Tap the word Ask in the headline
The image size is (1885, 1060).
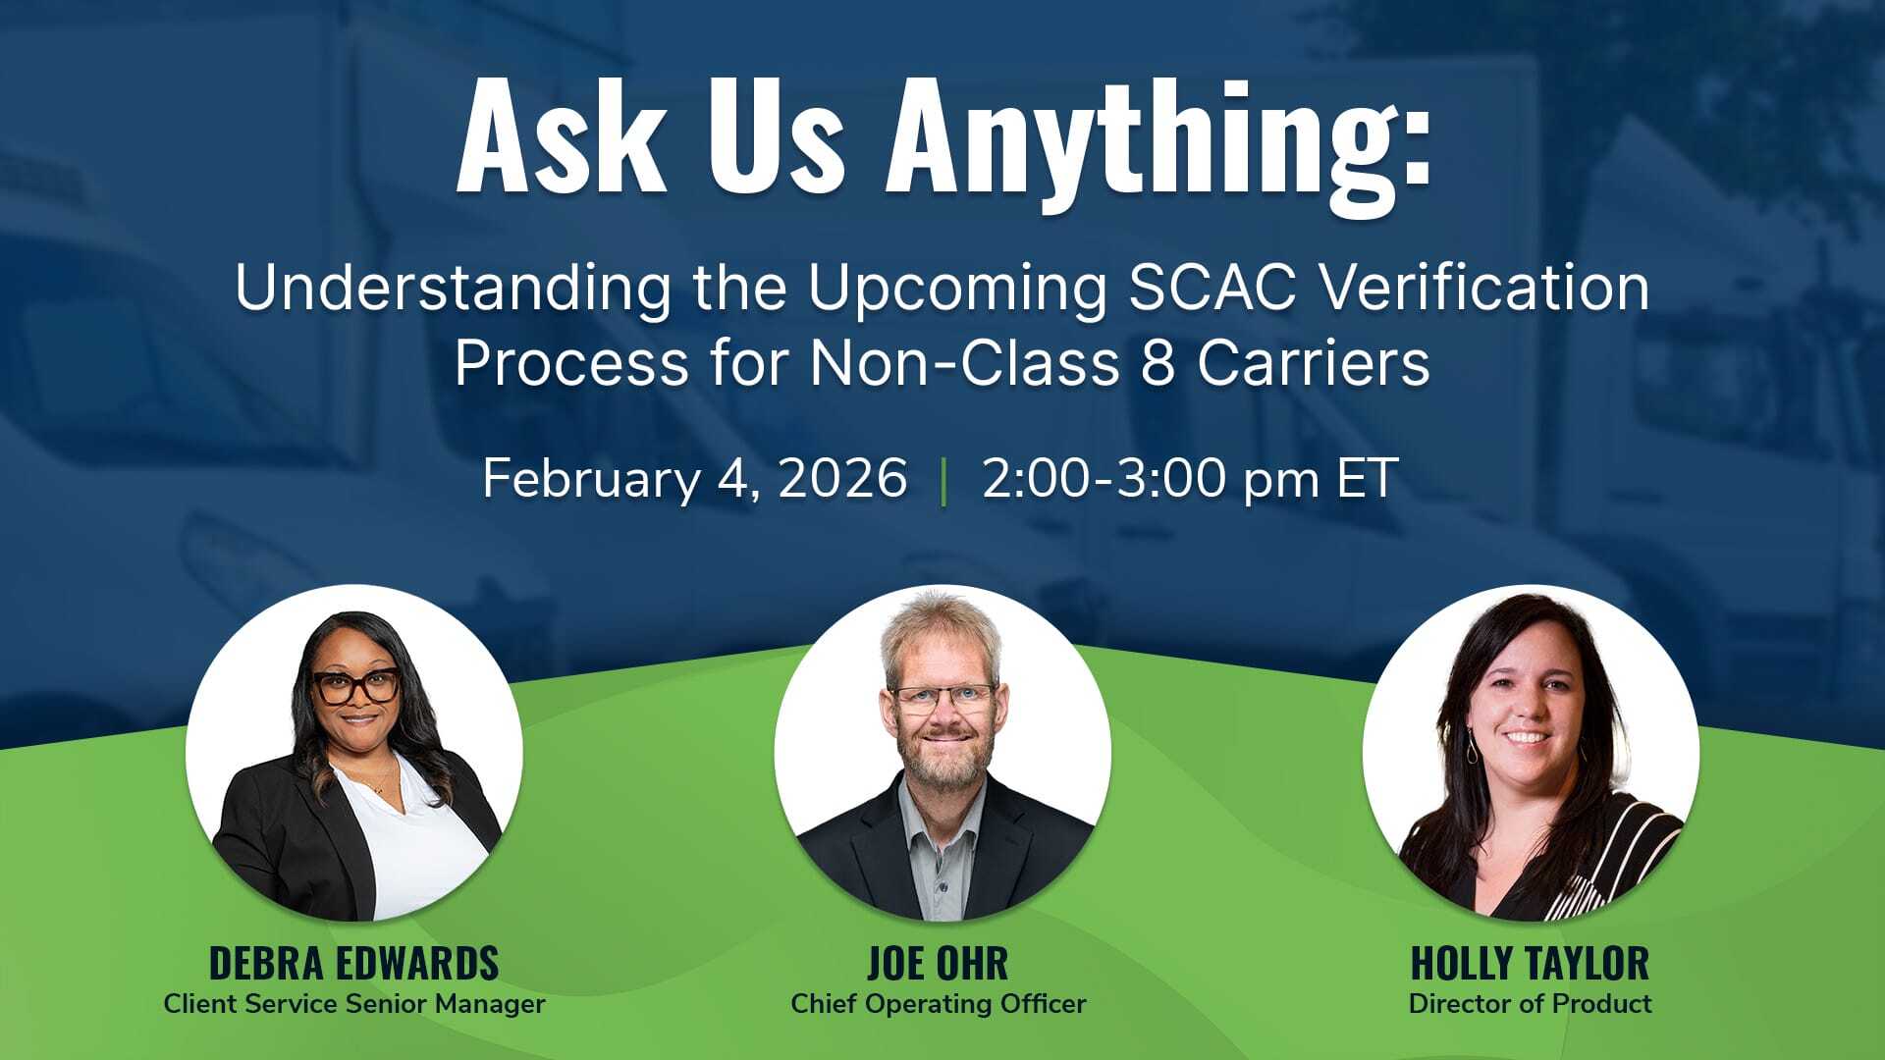pos(561,137)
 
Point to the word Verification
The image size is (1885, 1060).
pos(1482,288)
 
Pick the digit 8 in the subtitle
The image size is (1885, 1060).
pos(1158,362)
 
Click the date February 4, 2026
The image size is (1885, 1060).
pos(694,479)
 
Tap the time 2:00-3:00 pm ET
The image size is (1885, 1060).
pos(1190,479)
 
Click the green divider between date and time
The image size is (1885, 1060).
pos(943,481)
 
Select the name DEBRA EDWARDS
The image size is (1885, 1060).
pos(353,963)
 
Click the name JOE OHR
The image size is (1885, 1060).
pos(938,963)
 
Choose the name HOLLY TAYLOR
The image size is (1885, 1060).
pos(1530,963)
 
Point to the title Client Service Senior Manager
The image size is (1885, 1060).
pos(353,1004)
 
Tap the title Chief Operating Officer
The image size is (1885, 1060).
pos(938,1004)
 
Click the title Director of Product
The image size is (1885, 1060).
pos(1530,1004)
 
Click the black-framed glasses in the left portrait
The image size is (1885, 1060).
pos(355,685)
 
